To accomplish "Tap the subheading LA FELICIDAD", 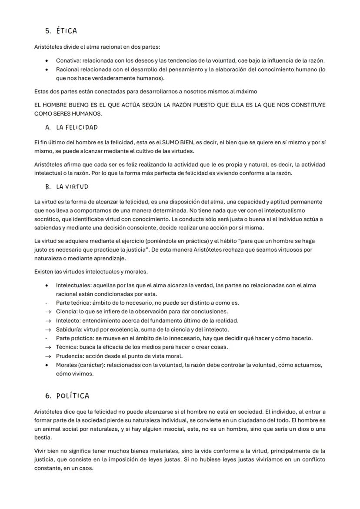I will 77,127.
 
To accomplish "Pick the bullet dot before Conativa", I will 47,61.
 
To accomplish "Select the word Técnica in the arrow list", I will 66,347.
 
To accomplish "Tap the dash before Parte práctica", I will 47,338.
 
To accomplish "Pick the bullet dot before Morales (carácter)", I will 47,365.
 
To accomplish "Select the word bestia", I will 43,437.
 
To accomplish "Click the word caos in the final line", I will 87,468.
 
